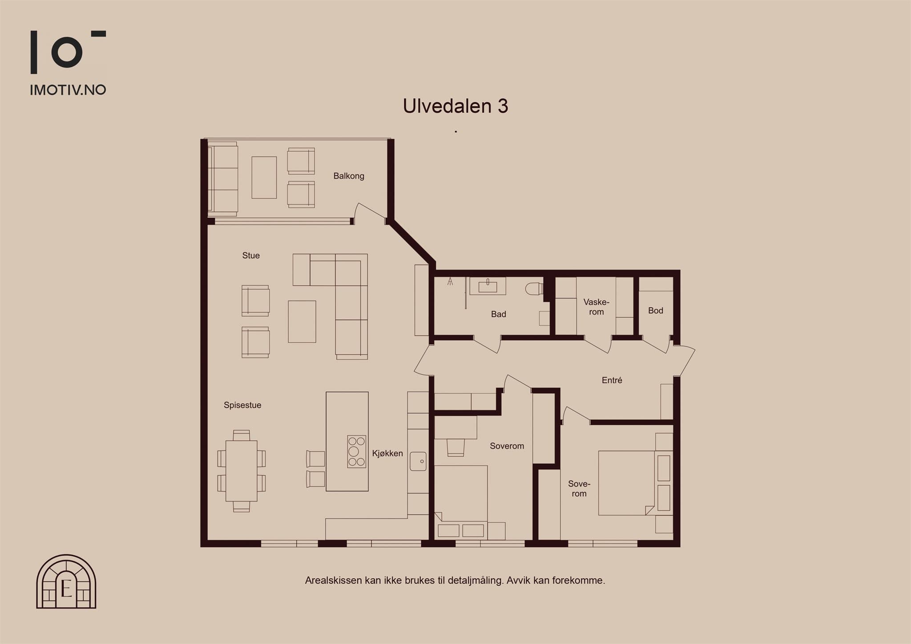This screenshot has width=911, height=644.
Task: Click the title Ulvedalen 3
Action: click(x=455, y=106)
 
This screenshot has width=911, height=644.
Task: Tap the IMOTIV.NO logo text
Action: click(x=68, y=90)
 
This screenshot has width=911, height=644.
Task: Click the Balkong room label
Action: click(x=349, y=176)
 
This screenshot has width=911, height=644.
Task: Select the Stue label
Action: click(x=251, y=255)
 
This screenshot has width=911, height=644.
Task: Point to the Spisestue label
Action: click(x=242, y=405)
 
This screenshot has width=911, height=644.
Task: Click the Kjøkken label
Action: click(x=387, y=453)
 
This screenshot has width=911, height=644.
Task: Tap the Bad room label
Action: click(x=499, y=314)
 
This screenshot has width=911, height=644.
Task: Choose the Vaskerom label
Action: click(x=597, y=307)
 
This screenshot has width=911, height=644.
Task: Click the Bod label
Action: click(x=656, y=310)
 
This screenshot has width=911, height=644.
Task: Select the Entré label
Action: click(x=612, y=380)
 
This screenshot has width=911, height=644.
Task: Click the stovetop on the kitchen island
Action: click(x=357, y=451)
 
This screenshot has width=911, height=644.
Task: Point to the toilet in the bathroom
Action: click(x=533, y=289)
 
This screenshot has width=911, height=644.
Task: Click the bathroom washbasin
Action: click(x=488, y=286)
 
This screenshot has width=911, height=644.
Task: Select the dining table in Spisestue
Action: click(x=242, y=471)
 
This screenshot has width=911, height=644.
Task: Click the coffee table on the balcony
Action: click(x=264, y=177)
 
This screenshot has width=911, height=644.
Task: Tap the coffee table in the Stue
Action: click(x=302, y=322)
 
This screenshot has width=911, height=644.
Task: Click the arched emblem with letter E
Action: click(x=66, y=581)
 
